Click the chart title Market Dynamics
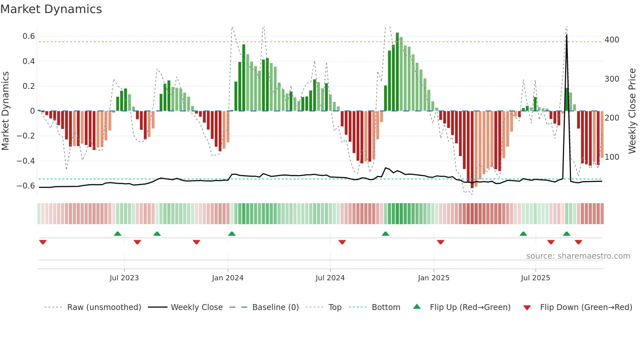(51, 9)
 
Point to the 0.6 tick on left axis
(29, 36)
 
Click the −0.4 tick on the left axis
(26, 161)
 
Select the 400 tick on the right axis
(612, 40)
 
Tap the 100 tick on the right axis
(612, 157)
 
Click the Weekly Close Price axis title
(632, 111)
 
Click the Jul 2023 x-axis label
(124, 278)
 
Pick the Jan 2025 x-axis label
(433, 278)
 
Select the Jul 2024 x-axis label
(330, 278)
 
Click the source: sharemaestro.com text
(578, 256)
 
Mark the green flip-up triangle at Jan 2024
(232, 234)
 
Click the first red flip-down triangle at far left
(43, 242)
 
